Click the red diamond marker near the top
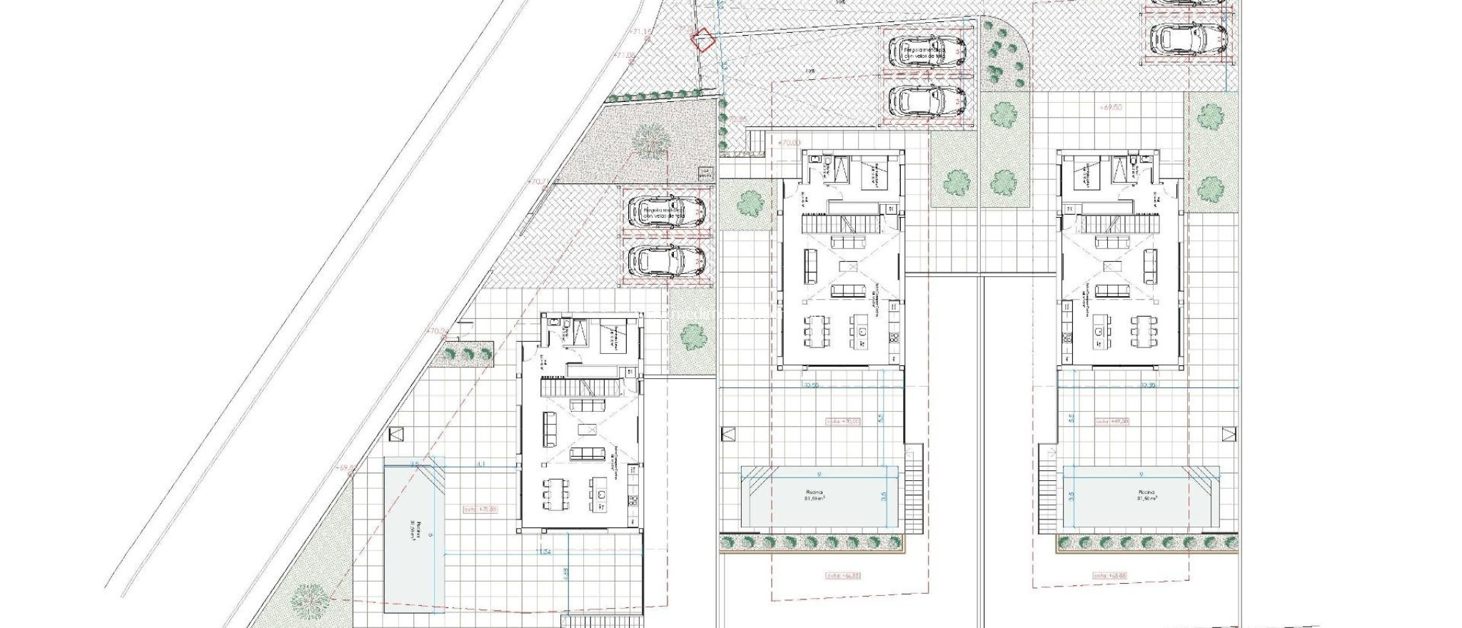[705, 40]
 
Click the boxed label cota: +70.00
[842, 421]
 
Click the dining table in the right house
[1144, 330]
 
